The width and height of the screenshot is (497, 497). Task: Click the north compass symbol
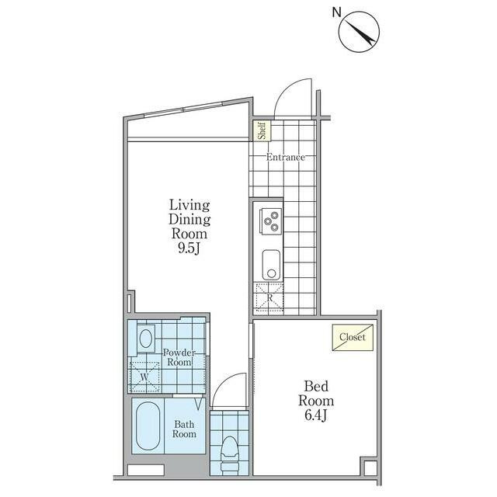click(x=359, y=32)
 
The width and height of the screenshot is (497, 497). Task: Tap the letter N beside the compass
click(x=336, y=12)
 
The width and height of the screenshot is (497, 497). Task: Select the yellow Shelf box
click(x=262, y=130)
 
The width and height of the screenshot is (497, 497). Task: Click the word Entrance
click(x=286, y=157)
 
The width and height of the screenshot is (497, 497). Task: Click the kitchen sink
click(x=271, y=265)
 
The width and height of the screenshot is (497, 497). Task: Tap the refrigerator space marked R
click(x=269, y=297)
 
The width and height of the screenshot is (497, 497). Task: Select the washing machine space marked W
click(x=145, y=377)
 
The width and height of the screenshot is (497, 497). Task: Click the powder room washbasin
click(x=146, y=339)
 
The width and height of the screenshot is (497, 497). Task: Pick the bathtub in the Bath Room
click(x=148, y=426)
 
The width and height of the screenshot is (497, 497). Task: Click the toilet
click(x=230, y=455)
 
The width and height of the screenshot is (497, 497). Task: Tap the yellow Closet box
click(x=353, y=337)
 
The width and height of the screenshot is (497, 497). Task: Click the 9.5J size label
click(x=189, y=248)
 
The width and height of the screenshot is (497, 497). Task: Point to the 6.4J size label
click(x=316, y=415)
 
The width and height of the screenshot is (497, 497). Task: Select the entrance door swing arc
click(x=287, y=90)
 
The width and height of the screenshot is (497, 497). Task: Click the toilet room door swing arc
click(x=224, y=384)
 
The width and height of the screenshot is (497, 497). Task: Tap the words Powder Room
click(x=179, y=357)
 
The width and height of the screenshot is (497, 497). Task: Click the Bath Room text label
click(x=184, y=429)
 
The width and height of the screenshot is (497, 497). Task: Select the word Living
click(x=189, y=205)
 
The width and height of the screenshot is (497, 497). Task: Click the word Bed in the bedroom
click(x=316, y=387)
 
